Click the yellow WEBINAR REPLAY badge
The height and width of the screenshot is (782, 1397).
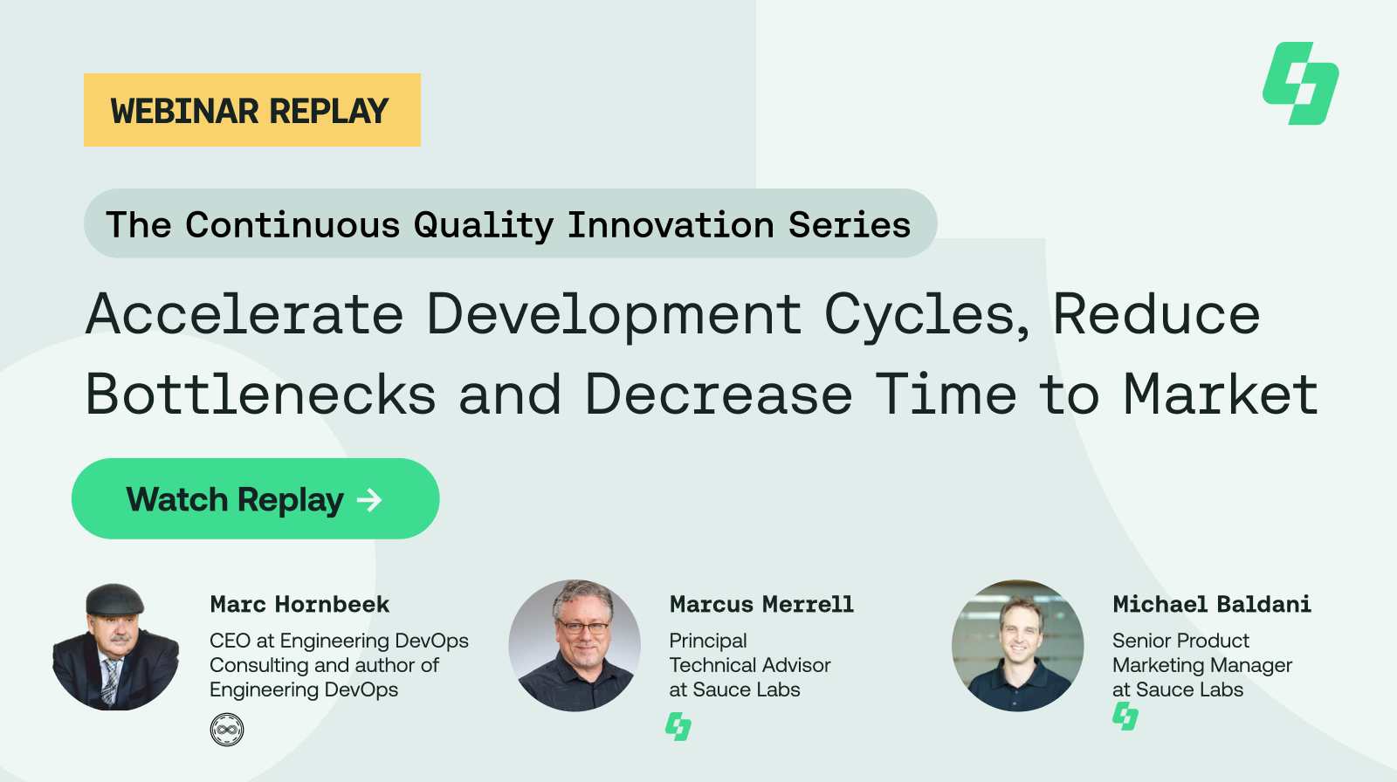tap(251, 110)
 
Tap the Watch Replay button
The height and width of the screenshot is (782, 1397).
tap(255, 498)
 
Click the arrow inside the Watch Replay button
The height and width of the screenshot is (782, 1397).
tap(369, 499)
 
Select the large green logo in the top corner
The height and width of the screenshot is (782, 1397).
tap(1300, 83)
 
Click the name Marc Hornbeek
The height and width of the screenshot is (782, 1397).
tap(299, 604)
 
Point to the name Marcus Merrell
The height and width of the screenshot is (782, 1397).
tap(761, 604)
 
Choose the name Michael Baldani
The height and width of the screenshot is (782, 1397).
tap(1211, 604)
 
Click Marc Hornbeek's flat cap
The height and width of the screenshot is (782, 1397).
tap(114, 599)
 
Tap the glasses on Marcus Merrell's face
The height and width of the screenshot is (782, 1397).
tap(583, 626)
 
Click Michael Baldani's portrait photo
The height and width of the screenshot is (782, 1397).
tap(1017, 645)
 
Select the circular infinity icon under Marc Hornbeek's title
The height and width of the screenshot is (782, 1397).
tap(227, 729)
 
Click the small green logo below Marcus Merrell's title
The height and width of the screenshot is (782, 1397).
tap(678, 726)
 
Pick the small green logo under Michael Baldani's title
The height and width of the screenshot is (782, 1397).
tap(1125, 717)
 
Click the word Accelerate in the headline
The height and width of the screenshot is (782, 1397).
tap(244, 314)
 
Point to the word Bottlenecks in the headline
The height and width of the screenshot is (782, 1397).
tap(260, 394)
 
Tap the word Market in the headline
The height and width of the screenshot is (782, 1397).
tap(1220, 394)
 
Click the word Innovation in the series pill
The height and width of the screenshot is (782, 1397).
tap(671, 224)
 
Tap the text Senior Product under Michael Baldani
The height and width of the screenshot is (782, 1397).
tap(1180, 641)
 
